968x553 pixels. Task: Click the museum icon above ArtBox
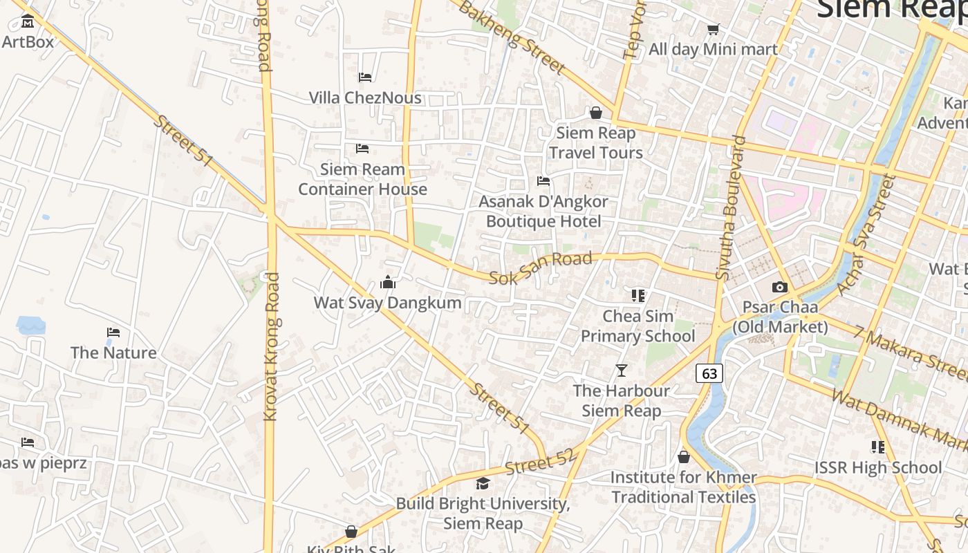tap(28, 21)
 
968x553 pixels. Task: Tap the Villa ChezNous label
tap(365, 97)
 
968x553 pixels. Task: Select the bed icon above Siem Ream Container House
tap(362, 148)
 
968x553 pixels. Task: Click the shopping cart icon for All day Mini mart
tap(713, 29)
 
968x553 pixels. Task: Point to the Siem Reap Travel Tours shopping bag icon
tap(595, 113)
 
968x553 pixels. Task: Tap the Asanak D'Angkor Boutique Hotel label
tap(543, 212)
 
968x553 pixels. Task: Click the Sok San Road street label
tap(541, 268)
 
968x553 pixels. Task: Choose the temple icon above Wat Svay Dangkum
tap(388, 282)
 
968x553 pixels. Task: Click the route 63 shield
tap(709, 373)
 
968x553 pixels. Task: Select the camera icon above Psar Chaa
tap(780, 287)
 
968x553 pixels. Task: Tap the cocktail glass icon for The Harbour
tap(621, 371)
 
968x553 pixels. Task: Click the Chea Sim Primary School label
tap(637, 326)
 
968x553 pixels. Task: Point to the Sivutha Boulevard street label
tap(732, 207)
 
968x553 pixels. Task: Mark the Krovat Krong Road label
tap(271, 346)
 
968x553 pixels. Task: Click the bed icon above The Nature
tap(113, 332)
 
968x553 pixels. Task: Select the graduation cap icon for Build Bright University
tap(483, 483)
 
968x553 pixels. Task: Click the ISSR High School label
tap(877, 468)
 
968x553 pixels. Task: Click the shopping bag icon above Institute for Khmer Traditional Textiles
tap(683, 457)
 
